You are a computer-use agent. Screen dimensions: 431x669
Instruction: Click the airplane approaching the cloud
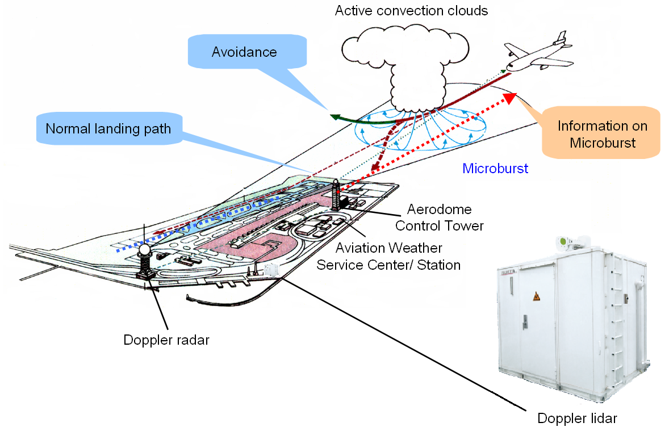pyautogui.click(x=537, y=54)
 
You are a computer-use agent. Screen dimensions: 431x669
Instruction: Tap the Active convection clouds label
pyautogui.click(x=411, y=11)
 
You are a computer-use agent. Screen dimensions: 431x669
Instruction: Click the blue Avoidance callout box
pyautogui.click(x=244, y=53)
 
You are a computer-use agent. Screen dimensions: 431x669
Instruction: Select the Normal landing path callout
pyautogui.click(x=108, y=129)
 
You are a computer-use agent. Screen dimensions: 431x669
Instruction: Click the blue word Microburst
pyautogui.click(x=495, y=169)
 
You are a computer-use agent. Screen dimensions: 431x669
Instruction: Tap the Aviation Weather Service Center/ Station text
pyautogui.click(x=388, y=256)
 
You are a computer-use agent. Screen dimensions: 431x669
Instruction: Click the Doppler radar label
pyautogui.click(x=166, y=340)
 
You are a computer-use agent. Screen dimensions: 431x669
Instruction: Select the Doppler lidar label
pyautogui.click(x=576, y=419)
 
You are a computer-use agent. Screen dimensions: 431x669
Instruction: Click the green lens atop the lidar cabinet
pyautogui.click(x=563, y=242)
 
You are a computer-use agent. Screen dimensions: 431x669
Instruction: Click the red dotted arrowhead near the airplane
pyautogui.click(x=509, y=98)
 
